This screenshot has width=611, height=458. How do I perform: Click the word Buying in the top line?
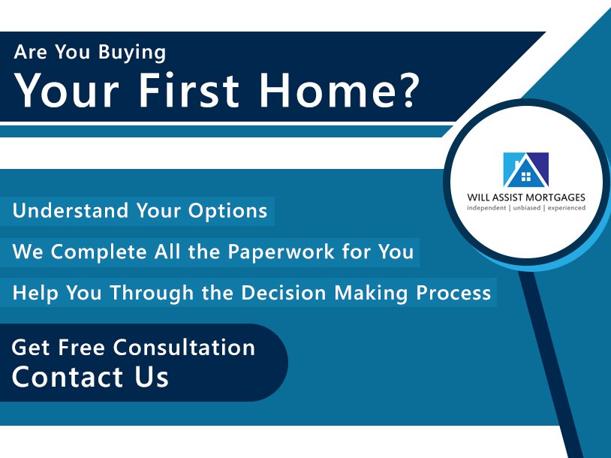(x=131, y=53)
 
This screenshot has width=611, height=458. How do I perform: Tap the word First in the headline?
(x=188, y=90)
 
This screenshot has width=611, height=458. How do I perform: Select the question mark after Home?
(x=404, y=90)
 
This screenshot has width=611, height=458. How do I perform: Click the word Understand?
(x=71, y=210)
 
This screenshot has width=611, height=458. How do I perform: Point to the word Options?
(x=228, y=211)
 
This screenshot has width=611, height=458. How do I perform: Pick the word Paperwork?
(x=281, y=252)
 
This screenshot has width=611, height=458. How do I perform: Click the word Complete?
(x=98, y=252)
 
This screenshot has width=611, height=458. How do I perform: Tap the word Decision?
(x=283, y=292)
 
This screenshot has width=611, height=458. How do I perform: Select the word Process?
(x=453, y=293)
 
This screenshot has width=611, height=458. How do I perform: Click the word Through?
(x=152, y=293)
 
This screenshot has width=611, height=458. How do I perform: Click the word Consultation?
(x=185, y=347)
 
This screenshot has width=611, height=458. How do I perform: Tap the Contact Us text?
(x=90, y=376)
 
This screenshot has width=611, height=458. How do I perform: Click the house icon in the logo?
(x=526, y=170)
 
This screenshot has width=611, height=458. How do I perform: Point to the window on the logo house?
(x=526, y=176)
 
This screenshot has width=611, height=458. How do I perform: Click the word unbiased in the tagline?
(x=527, y=208)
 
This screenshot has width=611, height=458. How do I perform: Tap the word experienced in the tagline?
(x=567, y=208)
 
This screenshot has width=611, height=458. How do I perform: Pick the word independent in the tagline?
(x=486, y=208)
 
